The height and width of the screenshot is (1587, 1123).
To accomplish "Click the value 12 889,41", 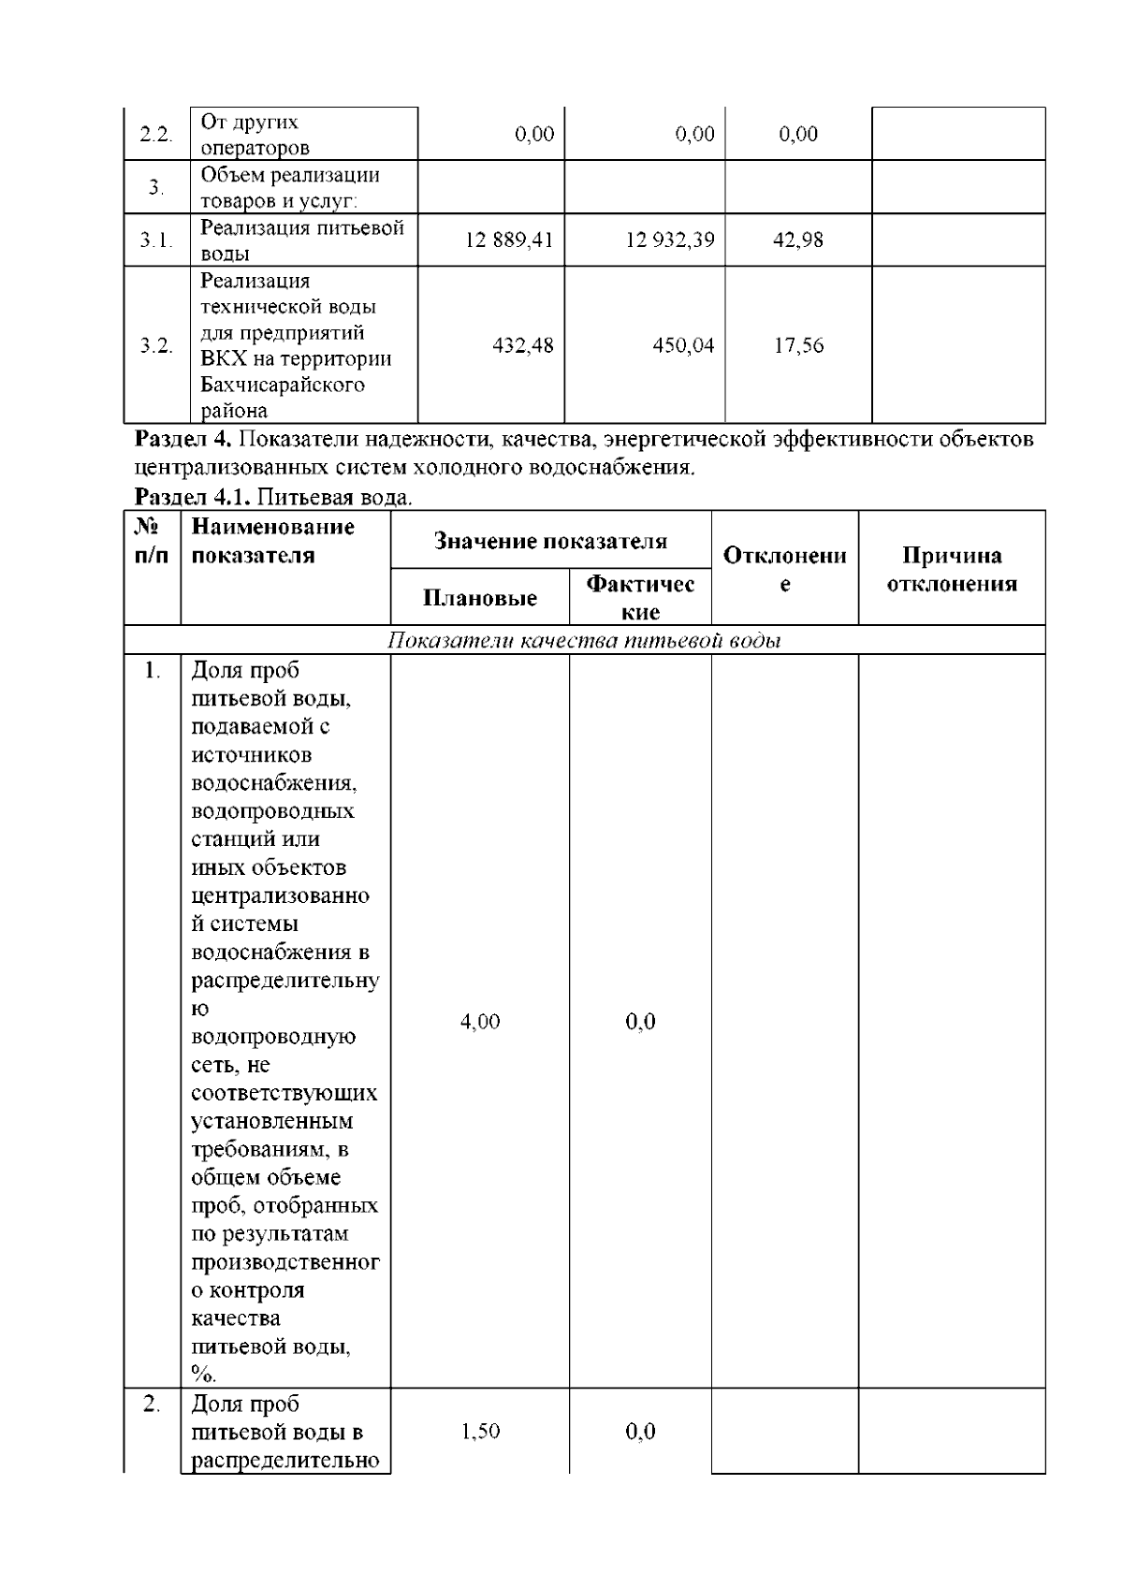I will [x=509, y=240].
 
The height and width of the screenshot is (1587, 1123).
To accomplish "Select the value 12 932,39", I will [x=669, y=240].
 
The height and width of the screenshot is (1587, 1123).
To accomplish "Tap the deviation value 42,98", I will [x=797, y=240].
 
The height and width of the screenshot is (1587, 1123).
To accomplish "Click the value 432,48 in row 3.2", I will [x=523, y=346].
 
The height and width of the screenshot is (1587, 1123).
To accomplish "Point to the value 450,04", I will [x=683, y=346].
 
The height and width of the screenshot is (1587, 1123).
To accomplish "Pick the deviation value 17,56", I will [x=797, y=346].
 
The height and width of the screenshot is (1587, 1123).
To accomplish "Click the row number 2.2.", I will [x=156, y=135].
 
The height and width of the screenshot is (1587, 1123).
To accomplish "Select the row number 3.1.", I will [x=156, y=240].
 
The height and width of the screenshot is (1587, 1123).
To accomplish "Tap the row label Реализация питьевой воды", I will [x=301, y=240].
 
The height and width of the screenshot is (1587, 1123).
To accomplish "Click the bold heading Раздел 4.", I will [x=183, y=440].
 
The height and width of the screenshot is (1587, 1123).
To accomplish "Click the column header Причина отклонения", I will [x=951, y=570].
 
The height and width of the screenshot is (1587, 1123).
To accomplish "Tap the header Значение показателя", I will [x=550, y=541].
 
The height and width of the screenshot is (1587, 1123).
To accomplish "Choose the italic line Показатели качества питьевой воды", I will [x=584, y=641].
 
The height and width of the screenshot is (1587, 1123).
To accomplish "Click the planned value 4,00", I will [x=479, y=1022].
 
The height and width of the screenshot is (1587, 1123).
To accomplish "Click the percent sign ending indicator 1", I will [x=203, y=1375].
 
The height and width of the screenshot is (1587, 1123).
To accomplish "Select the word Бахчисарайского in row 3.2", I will [x=282, y=385].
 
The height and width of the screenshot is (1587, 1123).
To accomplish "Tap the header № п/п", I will [x=152, y=541].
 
